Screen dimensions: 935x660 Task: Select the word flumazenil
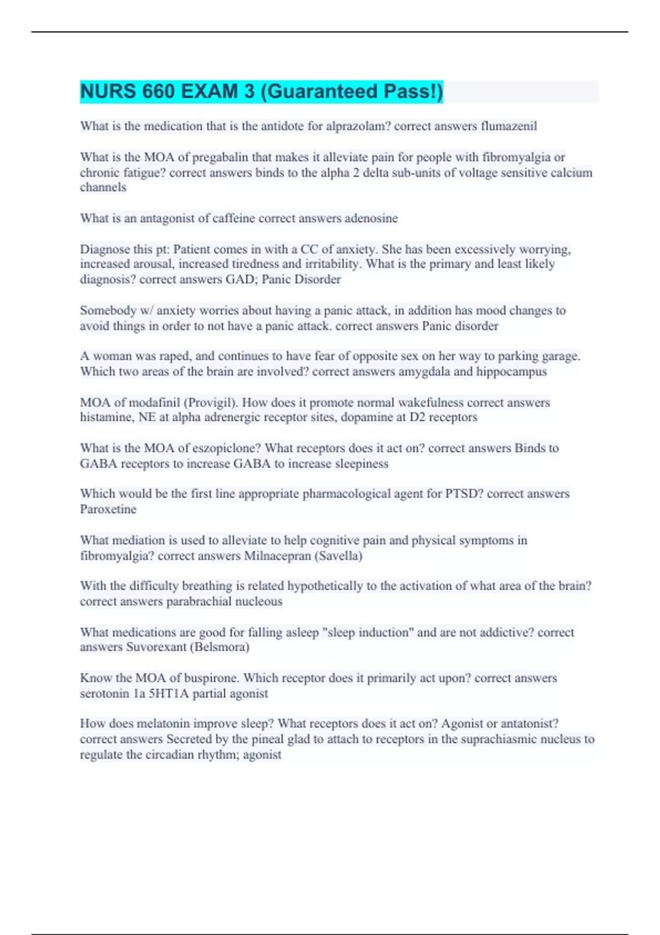point(509,126)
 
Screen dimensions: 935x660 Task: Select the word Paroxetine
point(108,509)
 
